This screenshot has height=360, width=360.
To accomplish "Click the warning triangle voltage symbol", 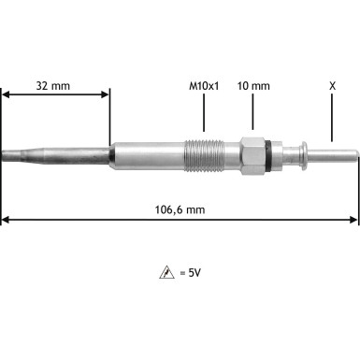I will click(x=166, y=272).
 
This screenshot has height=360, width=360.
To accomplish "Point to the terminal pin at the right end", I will click(x=337, y=152).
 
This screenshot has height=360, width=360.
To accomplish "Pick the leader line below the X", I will click(x=332, y=117).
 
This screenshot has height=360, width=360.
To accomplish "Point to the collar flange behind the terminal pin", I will click(x=302, y=152).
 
